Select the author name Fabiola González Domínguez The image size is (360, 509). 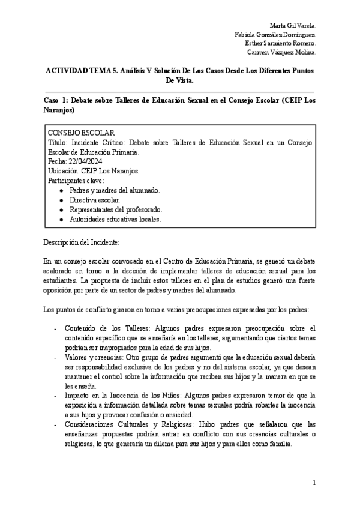pos(275,35)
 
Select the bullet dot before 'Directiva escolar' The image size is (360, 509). pos(61,200)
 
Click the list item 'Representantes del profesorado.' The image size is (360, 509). pos(116,209)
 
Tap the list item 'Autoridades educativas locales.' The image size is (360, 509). pos(115,220)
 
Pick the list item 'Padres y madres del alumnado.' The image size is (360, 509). pos(114,190)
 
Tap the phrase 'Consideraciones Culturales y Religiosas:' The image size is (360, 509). pos(131,424)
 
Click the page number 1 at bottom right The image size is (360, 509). pos(314,483)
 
